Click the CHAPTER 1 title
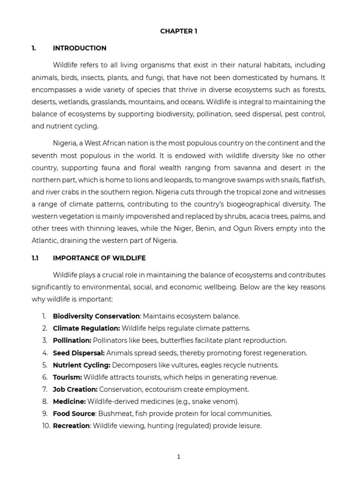179,31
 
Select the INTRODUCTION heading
80,48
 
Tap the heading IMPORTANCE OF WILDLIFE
99,258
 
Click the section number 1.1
35,258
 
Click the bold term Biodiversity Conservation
96,316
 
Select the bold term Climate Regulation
87,328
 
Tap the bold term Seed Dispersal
79,352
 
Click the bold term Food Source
74,413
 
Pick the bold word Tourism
67,377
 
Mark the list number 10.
45,426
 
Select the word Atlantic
47,240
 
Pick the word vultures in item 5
176,365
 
